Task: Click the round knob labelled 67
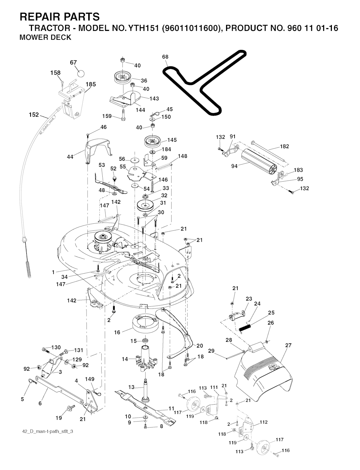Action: (x=81, y=73)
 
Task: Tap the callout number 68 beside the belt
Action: (x=165, y=57)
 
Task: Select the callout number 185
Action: (x=91, y=84)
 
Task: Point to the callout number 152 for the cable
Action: (x=34, y=115)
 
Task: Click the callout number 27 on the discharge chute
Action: (x=288, y=345)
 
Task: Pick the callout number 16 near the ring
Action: (x=117, y=332)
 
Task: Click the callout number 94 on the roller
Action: (x=234, y=166)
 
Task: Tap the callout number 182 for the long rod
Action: (x=284, y=146)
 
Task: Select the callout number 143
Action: (x=154, y=99)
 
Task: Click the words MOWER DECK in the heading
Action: (x=45, y=37)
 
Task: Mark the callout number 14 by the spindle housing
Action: (x=125, y=359)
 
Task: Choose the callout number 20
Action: (x=200, y=346)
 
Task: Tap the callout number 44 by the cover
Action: (x=70, y=157)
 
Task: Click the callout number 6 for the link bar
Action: (x=40, y=404)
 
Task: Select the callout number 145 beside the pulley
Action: (x=172, y=140)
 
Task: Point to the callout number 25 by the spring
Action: (x=271, y=313)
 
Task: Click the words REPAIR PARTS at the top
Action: (x=60, y=17)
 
